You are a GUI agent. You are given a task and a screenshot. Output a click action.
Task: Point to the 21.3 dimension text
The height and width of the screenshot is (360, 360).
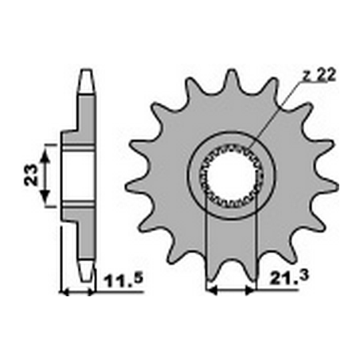tap(276, 280)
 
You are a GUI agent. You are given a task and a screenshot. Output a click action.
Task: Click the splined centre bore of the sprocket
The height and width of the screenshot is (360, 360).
tap(230, 175)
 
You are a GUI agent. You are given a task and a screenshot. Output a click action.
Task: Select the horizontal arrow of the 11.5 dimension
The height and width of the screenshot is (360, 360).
tap(78, 292)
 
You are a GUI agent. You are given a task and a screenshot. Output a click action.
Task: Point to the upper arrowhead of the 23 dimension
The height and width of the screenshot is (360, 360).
tap(45, 151)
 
